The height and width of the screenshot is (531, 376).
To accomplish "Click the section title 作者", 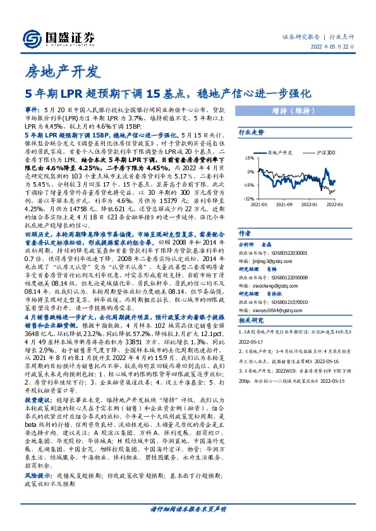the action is click(x=244, y=232).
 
